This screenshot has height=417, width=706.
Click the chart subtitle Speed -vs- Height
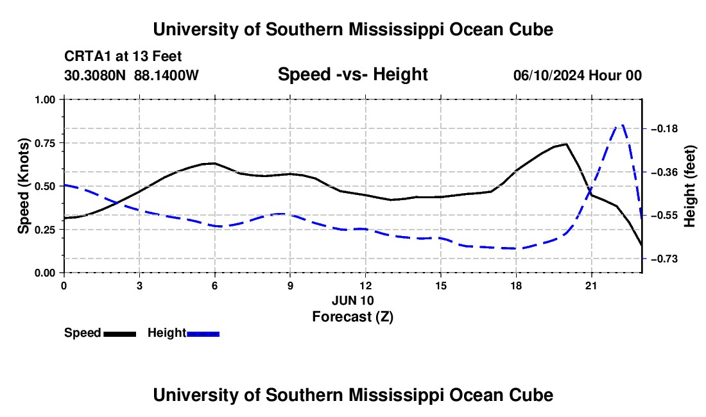[x=352, y=74]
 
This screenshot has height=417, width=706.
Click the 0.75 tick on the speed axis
[x=46, y=143]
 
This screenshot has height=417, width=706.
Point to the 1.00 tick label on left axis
[x=46, y=99]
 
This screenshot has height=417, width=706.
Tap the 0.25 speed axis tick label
[x=46, y=230]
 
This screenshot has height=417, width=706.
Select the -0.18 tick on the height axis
[x=664, y=129]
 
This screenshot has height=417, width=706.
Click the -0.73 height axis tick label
[x=664, y=259]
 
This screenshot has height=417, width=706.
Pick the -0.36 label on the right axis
[x=664, y=173]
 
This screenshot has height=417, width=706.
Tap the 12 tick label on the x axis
[x=365, y=285]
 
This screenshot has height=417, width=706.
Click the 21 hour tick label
[x=590, y=285]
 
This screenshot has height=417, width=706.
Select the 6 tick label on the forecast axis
[x=215, y=285]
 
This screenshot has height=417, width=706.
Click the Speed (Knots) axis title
[x=23, y=186]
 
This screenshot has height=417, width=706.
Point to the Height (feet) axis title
[x=690, y=186]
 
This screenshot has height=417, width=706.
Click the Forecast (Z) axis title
[x=352, y=317]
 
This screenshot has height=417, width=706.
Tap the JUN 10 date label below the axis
[x=352, y=300]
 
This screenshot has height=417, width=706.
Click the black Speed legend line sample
[x=120, y=334]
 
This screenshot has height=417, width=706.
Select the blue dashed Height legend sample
[x=203, y=334]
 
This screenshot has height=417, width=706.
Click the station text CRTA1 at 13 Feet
[x=123, y=56]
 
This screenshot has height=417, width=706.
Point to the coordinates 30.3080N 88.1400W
[x=131, y=75]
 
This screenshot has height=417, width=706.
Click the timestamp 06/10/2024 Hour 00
[x=578, y=75]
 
